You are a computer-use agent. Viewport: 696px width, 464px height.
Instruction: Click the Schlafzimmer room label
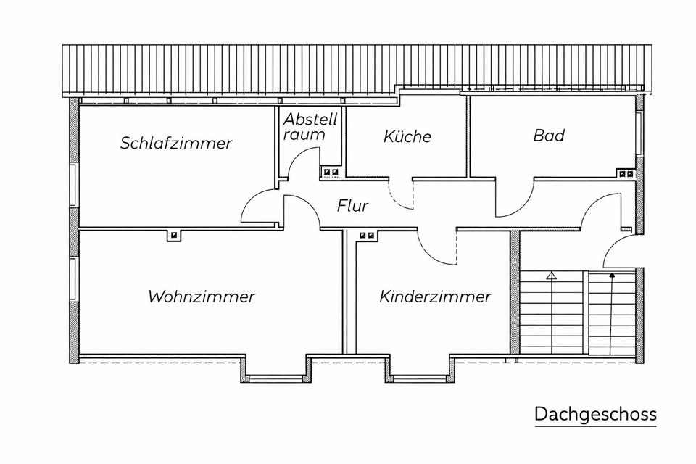click(x=176, y=143)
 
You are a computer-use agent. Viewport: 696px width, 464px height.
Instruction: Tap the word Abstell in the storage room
click(x=310, y=119)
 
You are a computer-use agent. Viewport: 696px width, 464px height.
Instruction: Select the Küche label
click(x=407, y=136)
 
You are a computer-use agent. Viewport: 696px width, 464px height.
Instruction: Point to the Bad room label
click(x=549, y=135)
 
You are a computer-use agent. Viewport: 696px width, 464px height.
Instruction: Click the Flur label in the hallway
click(x=352, y=206)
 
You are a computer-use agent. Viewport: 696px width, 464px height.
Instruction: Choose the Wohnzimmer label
click(x=202, y=296)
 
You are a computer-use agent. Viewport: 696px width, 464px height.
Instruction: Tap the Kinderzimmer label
click(x=435, y=296)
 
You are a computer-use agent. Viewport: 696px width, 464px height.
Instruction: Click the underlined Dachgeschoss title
click(x=595, y=414)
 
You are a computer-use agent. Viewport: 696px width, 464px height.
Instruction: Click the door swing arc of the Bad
click(x=515, y=198)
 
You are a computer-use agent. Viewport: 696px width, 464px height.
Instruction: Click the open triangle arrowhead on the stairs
click(x=551, y=275)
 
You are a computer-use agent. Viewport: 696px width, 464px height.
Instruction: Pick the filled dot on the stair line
click(x=612, y=275)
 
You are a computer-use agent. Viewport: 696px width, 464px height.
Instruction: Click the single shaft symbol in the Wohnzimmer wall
click(x=174, y=235)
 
